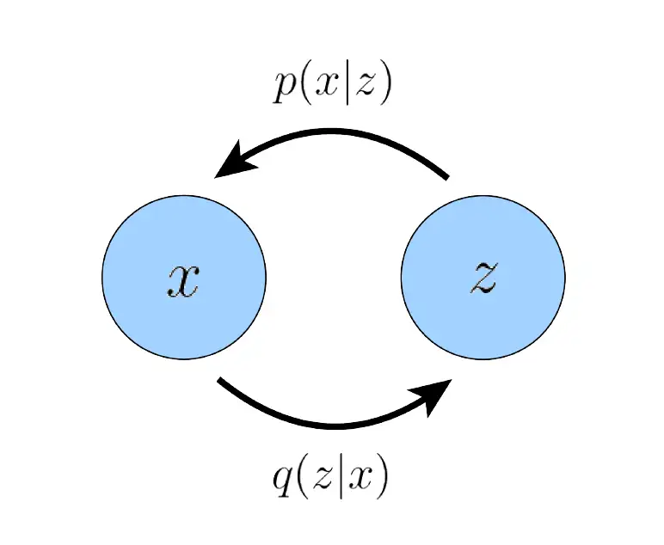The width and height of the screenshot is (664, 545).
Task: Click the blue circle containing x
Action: pos(184,277)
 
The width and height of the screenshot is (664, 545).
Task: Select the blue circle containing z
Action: pos(483,277)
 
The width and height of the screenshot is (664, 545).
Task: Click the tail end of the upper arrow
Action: pos(447,177)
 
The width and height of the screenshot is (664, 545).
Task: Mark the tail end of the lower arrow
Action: pos(219,380)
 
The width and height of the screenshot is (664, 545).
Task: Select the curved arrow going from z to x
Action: pos(335,132)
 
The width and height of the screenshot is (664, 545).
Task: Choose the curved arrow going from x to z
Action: pos(335,425)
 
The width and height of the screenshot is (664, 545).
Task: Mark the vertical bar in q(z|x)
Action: pos(341,480)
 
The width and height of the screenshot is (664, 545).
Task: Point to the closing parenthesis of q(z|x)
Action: pos(382,480)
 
